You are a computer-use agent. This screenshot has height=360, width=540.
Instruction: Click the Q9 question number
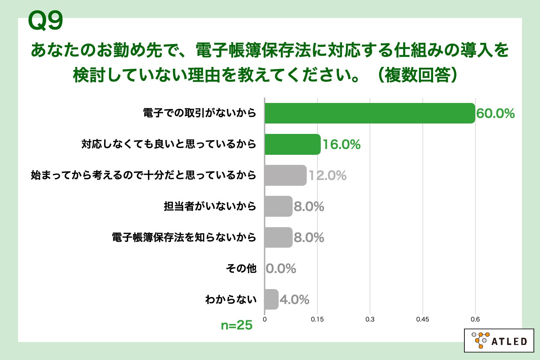click(45, 21)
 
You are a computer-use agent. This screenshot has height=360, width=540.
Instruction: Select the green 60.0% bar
click(369, 113)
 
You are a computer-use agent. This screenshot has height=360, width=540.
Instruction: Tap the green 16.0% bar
click(292, 144)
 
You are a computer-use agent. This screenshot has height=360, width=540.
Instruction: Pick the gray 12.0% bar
click(285, 175)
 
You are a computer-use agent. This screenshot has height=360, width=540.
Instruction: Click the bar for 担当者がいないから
click(278, 206)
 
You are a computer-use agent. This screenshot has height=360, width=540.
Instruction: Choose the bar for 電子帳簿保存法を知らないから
click(278, 237)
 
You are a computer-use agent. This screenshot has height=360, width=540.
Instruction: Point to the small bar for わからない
click(271, 299)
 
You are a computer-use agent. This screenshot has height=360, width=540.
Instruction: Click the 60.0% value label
click(495, 114)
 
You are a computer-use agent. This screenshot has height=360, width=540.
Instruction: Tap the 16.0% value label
click(341, 145)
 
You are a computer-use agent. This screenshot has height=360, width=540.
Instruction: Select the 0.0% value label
click(281, 269)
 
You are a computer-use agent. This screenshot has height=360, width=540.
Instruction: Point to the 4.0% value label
click(294, 300)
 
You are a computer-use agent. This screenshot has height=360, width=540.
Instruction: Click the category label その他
click(241, 268)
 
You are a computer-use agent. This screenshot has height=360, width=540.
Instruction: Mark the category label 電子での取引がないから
click(199, 113)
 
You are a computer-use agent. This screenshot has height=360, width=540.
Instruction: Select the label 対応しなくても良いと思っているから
click(168, 144)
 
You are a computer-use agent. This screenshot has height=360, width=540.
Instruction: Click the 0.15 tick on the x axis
click(317, 319)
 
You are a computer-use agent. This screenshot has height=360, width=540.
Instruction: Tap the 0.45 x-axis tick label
click(422, 319)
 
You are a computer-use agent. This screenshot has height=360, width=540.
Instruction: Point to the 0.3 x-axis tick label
click(370, 319)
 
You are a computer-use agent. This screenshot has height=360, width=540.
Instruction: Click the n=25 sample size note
click(237, 325)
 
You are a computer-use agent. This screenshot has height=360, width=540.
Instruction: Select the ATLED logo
click(499, 340)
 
